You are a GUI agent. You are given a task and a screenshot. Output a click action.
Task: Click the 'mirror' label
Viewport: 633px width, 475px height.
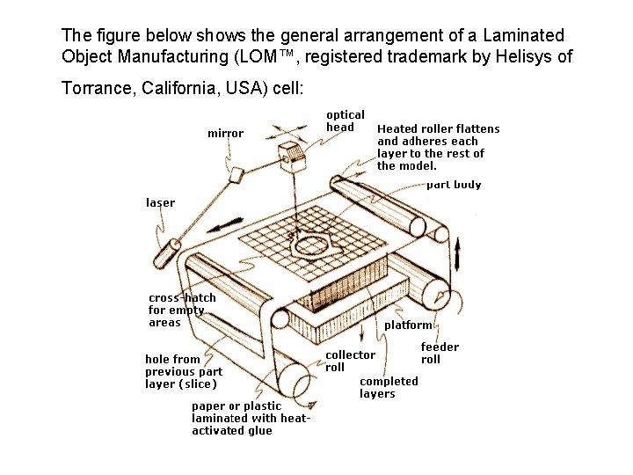tap(225, 134)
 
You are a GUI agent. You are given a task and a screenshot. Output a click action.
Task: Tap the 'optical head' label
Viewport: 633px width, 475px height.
tap(345, 121)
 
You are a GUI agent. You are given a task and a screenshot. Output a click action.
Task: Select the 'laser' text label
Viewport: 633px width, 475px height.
tap(160, 202)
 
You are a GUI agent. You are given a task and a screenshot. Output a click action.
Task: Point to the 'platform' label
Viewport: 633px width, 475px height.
tap(409, 325)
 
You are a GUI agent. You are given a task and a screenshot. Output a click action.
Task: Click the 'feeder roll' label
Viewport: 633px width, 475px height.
tap(440, 353)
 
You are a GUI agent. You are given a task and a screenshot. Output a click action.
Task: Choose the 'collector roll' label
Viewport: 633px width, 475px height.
tap(350, 361)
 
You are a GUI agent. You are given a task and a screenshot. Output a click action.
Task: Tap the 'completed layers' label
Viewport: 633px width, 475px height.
tap(389, 387)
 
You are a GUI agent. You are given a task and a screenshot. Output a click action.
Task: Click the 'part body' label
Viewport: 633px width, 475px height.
tap(454, 185)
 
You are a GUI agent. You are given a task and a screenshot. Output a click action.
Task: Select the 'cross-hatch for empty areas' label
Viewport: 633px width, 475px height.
tap(181, 310)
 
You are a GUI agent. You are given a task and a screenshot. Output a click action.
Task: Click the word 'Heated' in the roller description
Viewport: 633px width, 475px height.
tap(397, 129)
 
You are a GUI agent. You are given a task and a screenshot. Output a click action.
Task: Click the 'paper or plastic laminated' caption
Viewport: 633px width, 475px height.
tap(250, 418)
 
